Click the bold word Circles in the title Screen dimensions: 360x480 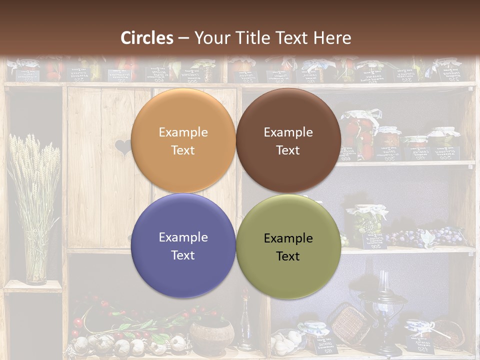[x=147, y=38]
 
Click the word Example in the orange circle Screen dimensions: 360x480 [x=183, y=132]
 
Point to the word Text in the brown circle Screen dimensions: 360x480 [x=288, y=150]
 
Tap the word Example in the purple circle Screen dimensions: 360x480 [x=183, y=237]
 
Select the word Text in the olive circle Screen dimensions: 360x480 [x=288, y=256]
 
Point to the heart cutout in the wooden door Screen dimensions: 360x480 [x=122, y=147]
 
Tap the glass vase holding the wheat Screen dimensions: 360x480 [x=35, y=262]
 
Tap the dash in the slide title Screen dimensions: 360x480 [x=183, y=38]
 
